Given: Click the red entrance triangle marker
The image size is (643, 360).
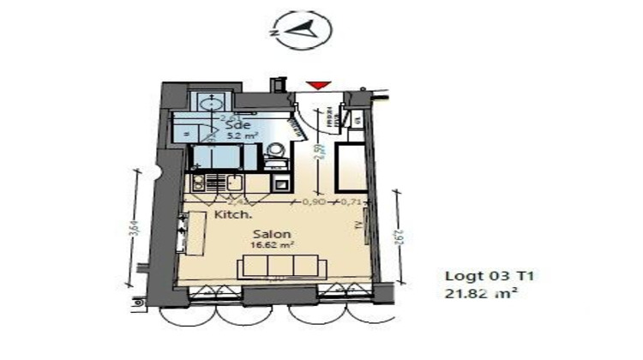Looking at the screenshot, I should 318,84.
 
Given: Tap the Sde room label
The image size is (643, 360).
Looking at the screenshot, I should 233,123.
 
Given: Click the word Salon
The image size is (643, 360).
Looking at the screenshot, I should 272,233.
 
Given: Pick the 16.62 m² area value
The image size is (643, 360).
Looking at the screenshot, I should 272,244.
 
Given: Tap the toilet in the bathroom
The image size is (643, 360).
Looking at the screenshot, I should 274,154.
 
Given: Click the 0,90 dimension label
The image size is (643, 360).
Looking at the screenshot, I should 314,202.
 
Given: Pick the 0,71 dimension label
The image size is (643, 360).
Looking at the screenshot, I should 349,202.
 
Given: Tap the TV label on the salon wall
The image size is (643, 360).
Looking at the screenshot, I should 358,225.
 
